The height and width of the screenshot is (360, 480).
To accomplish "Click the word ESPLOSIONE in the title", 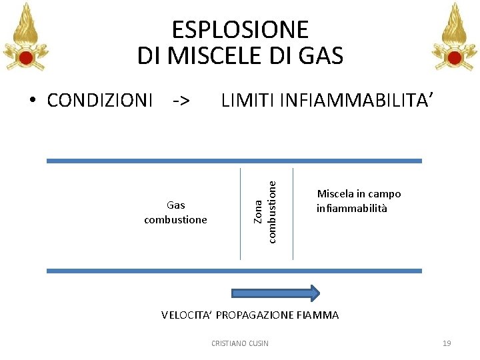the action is pyautogui.click(x=240, y=30).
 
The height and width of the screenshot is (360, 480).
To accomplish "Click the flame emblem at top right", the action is pyautogui.click(x=455, y=37).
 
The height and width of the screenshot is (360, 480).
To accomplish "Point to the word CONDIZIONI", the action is pyautogui.click(x=100, y=101).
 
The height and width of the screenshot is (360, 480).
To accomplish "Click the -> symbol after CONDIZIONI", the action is pyautogui.click(x=181, y=101).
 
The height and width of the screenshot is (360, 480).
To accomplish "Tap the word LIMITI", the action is pyautogui.click(x=248, y=101).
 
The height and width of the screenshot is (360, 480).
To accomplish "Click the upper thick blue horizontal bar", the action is pyautogui.click(x=234, y=161).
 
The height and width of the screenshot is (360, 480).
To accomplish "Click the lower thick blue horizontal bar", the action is pyautogui.click(x=234, y=271).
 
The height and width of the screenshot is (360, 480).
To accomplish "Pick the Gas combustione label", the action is pyautogui.click(x=175, y=212).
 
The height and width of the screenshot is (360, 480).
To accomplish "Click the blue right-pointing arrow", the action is pyautogui.click(x=275, y=293).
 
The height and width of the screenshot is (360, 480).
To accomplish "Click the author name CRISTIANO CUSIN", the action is pyautogui.click(x=239, y=343).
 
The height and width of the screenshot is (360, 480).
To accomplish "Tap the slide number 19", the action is pyautogui.click(x=447, y=343).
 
